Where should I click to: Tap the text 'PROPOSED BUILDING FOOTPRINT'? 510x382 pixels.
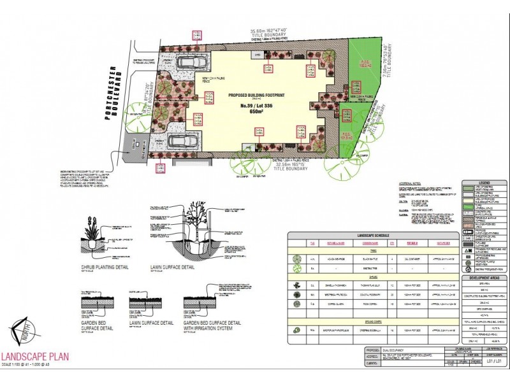[257, 94]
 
